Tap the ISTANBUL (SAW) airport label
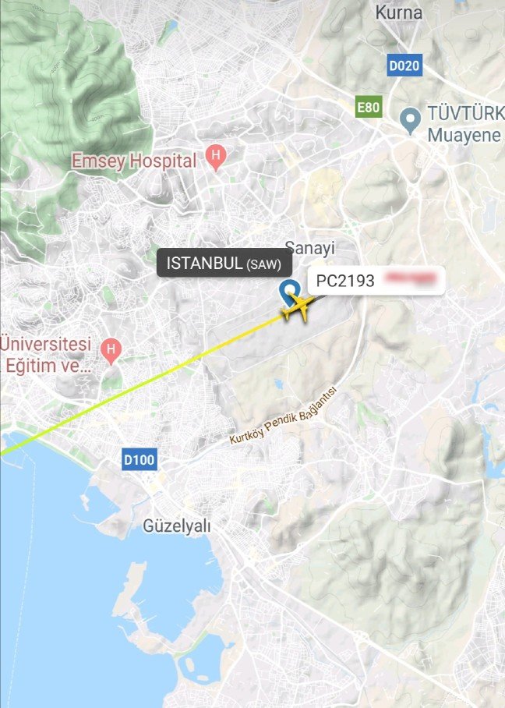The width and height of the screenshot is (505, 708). click(219, 263)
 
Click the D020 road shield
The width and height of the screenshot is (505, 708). click(404, 65)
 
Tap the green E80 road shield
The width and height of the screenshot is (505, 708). click(369, 107)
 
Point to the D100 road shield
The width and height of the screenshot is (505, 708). click(139, 460)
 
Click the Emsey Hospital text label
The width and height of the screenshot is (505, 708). click(134, 161)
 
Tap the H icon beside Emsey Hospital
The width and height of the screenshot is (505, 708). click(216, 158)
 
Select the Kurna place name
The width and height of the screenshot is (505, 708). click(399, 12)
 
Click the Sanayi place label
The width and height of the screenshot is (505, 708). click(309, 248)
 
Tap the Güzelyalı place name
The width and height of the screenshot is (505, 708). click(177, 526)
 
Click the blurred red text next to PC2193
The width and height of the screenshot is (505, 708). click(412, 280)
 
